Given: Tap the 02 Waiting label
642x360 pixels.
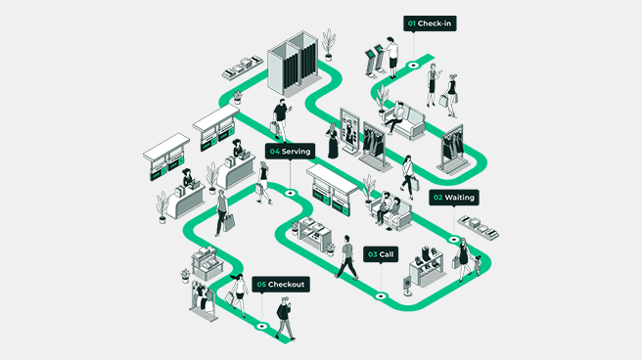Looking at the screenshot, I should (x=453, y=198).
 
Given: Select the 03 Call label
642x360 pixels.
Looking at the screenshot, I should (x=382, y=253).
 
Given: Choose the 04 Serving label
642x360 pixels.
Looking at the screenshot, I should (x=290, y=152).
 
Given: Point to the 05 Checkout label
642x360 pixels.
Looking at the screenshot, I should (x=281, y=284).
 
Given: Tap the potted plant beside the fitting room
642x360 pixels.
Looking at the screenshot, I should (x=329, y=44).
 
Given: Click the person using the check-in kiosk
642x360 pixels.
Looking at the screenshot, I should (x=391, y=55).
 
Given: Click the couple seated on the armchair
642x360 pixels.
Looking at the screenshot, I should (x=390, y=207).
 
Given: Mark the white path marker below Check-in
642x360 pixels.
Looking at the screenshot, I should (x=413, y=67).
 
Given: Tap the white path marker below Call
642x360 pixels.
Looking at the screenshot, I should (x=381, y=295).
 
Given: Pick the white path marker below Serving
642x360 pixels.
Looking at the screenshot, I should (x=290, y=194).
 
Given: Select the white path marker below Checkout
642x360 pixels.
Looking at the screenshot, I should (x=261, y=326).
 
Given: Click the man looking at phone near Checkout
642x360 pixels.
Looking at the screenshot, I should (x=284, y=319).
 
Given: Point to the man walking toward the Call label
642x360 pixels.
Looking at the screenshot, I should (x=346, y=256).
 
